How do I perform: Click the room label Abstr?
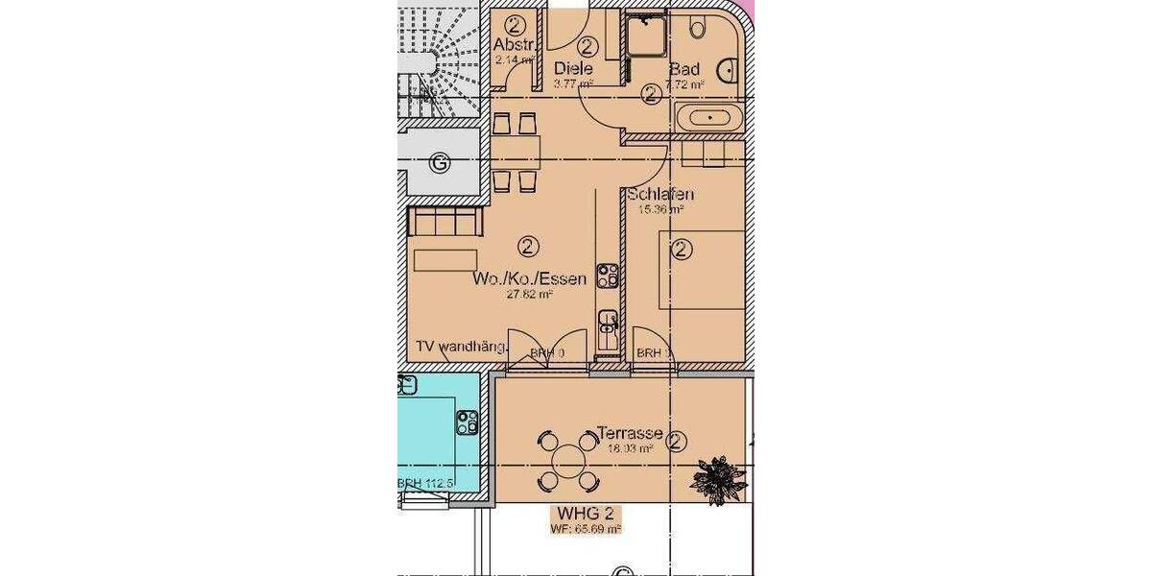tap(513, 45)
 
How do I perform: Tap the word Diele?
tap(573, 68)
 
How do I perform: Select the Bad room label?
tap(684, 69)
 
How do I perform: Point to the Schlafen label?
tap(660, 195)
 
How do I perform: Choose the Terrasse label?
tap(629, 433)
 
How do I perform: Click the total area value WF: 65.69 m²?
tap(586, 528)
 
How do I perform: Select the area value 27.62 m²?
tap(530, 295)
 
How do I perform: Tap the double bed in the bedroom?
tap(701, 269)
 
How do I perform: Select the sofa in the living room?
tap(445, 222)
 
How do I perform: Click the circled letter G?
tap(440, 163)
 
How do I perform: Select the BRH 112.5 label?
tap(425, 484)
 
